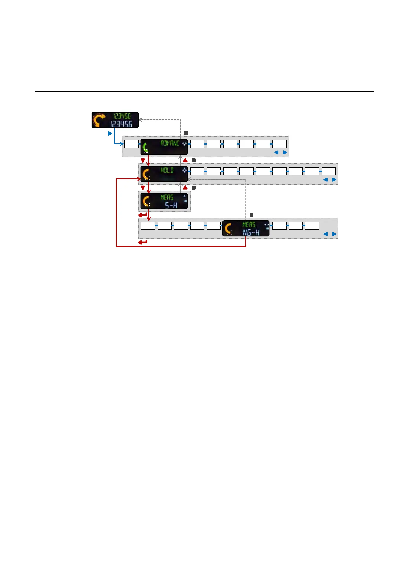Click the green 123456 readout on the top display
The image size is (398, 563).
pyautogui.click(x=122, y=116)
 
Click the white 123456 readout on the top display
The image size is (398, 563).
pyautogui.click(x=121, y=124)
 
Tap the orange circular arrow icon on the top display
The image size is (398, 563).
pyautogui.click(x=99, y=120)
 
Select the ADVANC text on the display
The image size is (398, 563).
pyautogui.click(x=170, y=143)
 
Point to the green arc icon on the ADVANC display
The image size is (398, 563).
pyautogui.click(x=145, y=147)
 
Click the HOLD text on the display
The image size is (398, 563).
pyautogui.click(x=167, y=170)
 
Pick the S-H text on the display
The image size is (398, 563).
pyautogui.click(x=171, y=205)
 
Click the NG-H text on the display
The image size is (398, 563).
pyautogui.click(x=251, y=233)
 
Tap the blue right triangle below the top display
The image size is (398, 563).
pyautogui.click(x=110, y=133)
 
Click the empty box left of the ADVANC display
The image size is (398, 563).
pyautogui.click(x=132, y=144)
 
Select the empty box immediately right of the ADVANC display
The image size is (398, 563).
pyautogui.click(x=197, y=144)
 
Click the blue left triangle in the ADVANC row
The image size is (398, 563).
pyautogui.click(x=277, y=152)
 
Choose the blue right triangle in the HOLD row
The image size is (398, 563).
pyautogui.click(x=334, y=180)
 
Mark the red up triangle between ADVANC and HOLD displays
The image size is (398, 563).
pyautogui.click(x=185, y=160)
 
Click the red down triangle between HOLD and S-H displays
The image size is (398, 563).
pyautogui.click(x=143, y=188)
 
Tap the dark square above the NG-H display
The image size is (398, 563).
pyautogui.click(x=252, y=215)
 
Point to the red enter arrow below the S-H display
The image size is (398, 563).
pyautogui.click(x=143, y=215)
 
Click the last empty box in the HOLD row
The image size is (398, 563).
pyautogui.click(x=328, y=171)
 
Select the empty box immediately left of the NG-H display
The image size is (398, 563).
pyautogui.click(x=213, y=226)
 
